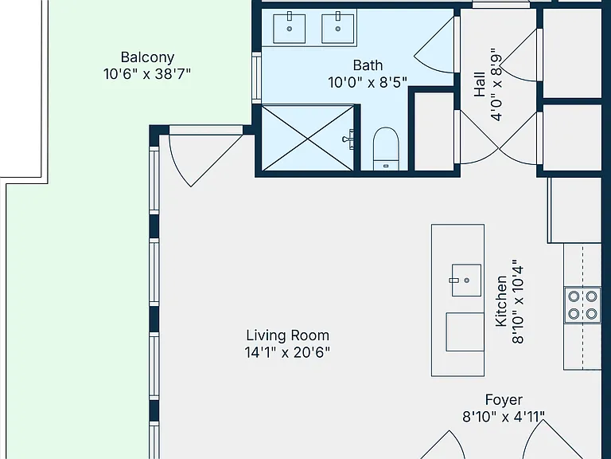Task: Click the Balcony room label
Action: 147,57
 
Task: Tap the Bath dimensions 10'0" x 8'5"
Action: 368,83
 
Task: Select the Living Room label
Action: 287,335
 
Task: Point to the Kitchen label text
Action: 500,301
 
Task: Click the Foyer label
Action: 504,400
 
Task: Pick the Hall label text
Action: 480,84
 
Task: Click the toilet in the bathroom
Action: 386,149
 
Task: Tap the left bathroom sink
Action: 289,28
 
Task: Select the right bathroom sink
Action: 338,28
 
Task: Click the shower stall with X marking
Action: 308,138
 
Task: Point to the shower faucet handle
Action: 348,139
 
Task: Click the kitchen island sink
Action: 466,280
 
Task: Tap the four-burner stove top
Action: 582,305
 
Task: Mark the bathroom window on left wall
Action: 256,78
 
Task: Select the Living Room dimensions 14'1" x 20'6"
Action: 287,352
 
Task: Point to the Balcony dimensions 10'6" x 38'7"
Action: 147,74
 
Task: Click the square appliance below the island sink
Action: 465,331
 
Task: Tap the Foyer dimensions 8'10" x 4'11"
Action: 504,417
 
